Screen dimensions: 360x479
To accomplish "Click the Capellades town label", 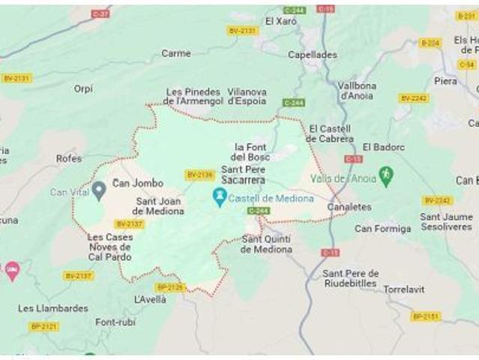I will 313,55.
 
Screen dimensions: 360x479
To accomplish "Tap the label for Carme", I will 176,53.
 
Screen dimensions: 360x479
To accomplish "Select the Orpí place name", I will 83,88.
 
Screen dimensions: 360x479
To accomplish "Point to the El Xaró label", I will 281,21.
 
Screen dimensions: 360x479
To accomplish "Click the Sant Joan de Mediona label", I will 160,206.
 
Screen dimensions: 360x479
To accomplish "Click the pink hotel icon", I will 11,270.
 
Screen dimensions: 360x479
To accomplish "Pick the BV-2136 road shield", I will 199,175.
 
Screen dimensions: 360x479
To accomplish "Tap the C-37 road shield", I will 100,14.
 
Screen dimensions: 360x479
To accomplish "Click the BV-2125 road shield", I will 169,287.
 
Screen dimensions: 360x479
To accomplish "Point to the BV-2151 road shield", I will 425,316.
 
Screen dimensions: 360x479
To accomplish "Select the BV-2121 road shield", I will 43,326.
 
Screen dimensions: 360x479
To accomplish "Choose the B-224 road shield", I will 430,43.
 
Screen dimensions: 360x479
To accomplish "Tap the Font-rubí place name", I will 116,322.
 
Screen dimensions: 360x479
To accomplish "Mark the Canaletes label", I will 349,207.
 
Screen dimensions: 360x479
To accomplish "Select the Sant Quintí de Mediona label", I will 267,244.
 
